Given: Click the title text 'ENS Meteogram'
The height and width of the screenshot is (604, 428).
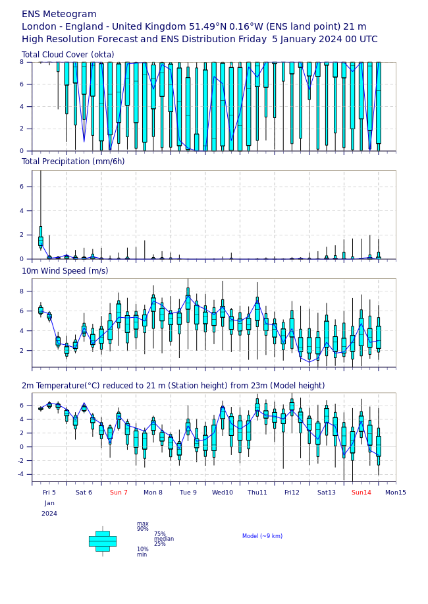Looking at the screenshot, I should pyautogui.click(x=59, y=14).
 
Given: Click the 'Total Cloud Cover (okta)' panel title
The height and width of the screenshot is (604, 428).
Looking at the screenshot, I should pyautogui.click(x=68, y=55).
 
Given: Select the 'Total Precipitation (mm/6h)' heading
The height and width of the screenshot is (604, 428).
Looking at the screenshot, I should pyautogui.click(x=73, y=162).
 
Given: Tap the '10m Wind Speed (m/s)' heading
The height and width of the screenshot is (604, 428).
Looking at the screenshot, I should pyautogui.click(x=65, y=271).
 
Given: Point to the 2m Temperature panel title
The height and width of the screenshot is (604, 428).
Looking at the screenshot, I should pyautogui.click(x=173, y=386).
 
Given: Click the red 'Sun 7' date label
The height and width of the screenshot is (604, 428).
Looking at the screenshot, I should pyautogui.click(x=119, y=493).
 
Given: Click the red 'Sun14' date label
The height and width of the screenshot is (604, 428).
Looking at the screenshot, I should pyautogui.click(x=361, y=493).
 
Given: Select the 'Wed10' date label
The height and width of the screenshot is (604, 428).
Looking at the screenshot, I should pyautogui.click(x=222, y=493).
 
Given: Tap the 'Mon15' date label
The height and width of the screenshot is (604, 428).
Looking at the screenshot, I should pyautogui.click(x=395, y=493).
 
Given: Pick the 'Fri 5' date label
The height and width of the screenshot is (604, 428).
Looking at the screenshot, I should pyautogui.click(x=49, y=493).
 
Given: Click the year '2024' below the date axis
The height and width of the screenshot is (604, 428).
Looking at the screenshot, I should pyautogui.click(x=49, y=514).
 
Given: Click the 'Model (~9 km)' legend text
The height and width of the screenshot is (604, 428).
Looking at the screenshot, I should pyautogui.click(x=262, y=536).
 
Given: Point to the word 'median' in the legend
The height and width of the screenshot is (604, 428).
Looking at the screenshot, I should pyautogui.click(x=164, y=539).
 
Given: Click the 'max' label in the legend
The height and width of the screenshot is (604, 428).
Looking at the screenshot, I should pyautogui.click(x=142, y=524).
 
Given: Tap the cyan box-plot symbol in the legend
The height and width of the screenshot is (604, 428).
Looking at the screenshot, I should pyautogui.click(x=102, y=541).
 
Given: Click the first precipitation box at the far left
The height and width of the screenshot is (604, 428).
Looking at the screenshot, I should pyautogui.click(x=40, y=241).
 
